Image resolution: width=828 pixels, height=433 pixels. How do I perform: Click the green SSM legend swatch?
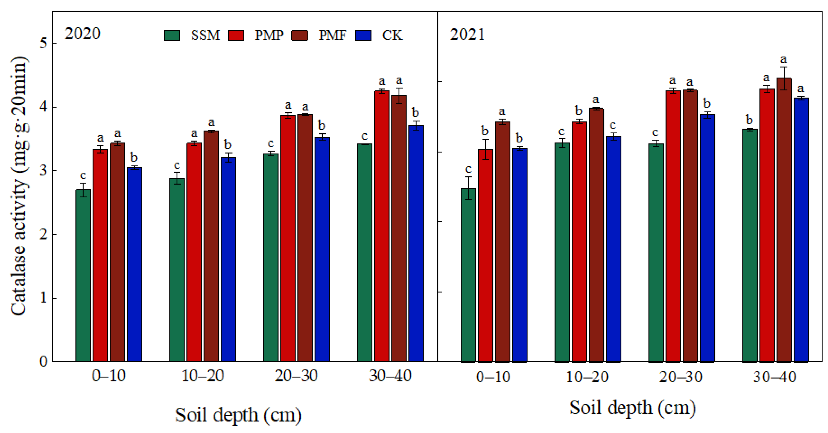(x=172, y=35)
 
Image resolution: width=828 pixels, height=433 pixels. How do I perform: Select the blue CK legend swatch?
(x=363, y=35)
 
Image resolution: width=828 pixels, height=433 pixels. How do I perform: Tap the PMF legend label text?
(x=332, y=35)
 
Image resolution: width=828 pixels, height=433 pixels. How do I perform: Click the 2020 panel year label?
(x=82, y=34)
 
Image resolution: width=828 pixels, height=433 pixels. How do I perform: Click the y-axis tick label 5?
(x=43, y=43)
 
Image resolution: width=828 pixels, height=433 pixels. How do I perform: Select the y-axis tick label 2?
(x=43, y=234)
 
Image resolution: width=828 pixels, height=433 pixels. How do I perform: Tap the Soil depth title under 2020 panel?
(x=238, y=415)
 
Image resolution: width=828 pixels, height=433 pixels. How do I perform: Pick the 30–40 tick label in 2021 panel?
(x=775, y=377)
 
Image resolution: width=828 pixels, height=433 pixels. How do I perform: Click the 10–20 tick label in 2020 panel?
(x=203, y=375)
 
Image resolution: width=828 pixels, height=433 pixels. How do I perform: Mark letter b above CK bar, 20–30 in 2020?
(x=321, y=125)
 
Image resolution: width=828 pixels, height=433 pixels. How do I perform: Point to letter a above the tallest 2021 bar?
(x=783, y=60)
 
